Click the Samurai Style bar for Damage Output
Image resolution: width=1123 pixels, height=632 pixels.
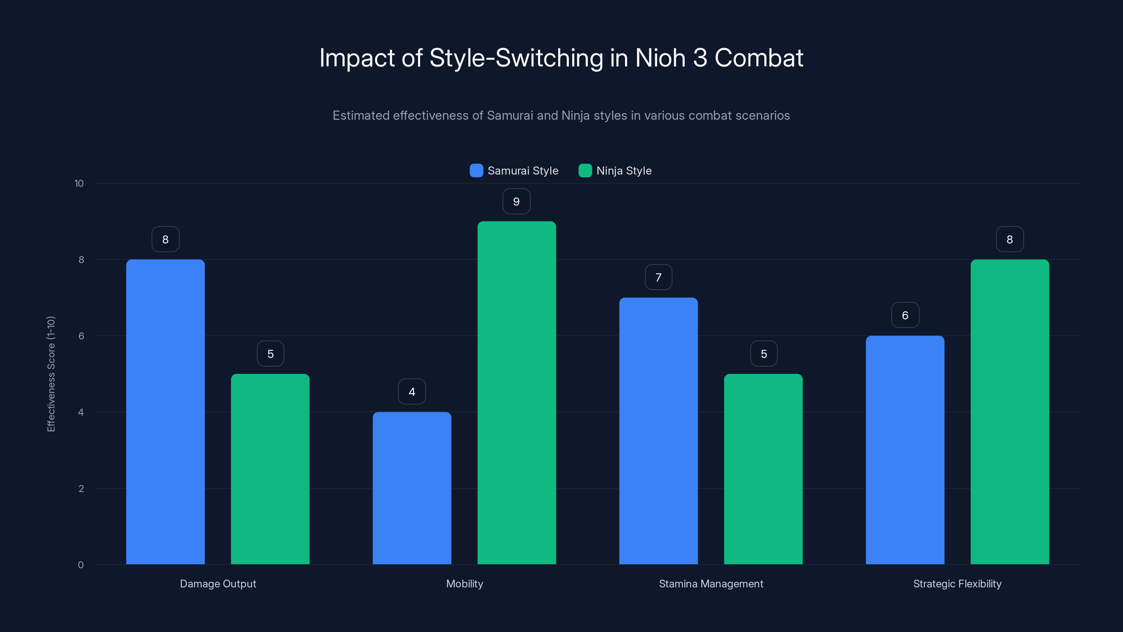tap(165, 412)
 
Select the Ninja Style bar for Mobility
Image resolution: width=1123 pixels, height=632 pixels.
tap(517, 393)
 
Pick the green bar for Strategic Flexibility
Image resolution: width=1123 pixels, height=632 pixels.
tap(1010, 412)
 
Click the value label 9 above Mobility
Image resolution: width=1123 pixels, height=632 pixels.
tap(516, 202)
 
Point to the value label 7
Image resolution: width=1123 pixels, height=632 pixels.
tap(658, 277)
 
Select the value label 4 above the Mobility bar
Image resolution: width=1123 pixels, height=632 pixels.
tap(412, 392)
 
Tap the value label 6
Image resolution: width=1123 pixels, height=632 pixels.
tap(905, 315)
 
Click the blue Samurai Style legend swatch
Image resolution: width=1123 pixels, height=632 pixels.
tap(476, 171)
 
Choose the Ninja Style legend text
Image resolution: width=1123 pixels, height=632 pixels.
tap(624, 171)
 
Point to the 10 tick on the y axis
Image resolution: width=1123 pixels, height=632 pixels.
tap(79, 183)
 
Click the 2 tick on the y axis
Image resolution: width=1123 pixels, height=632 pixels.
tap(81, 488)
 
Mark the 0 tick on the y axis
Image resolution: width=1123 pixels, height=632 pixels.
tap(81, 565)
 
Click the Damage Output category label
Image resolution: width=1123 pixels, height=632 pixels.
tap(218, 584)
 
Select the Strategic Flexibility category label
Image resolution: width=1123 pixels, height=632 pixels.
tap(957, 584)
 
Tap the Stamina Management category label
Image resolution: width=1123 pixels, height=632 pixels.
tap(711, 584)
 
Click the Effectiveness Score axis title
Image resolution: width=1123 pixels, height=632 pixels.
tap(51, 374)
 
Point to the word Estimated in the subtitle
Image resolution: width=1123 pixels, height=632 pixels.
tap(360, 116)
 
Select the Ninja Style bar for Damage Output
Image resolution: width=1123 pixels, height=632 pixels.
tap(270, 469)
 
